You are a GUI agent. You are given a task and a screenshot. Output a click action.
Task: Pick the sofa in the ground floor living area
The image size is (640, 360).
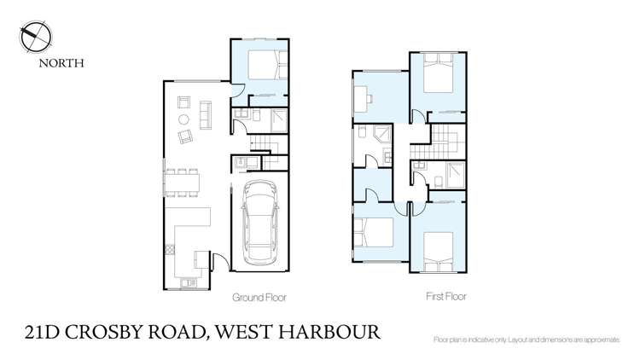tap(205, 113)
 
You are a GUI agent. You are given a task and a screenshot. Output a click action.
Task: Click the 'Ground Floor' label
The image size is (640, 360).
tap(259, 299)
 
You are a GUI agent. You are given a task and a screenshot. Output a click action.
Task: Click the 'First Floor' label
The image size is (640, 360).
tap(446, 298)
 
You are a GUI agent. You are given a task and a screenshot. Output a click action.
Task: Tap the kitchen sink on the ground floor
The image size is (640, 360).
tap(188, 282)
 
